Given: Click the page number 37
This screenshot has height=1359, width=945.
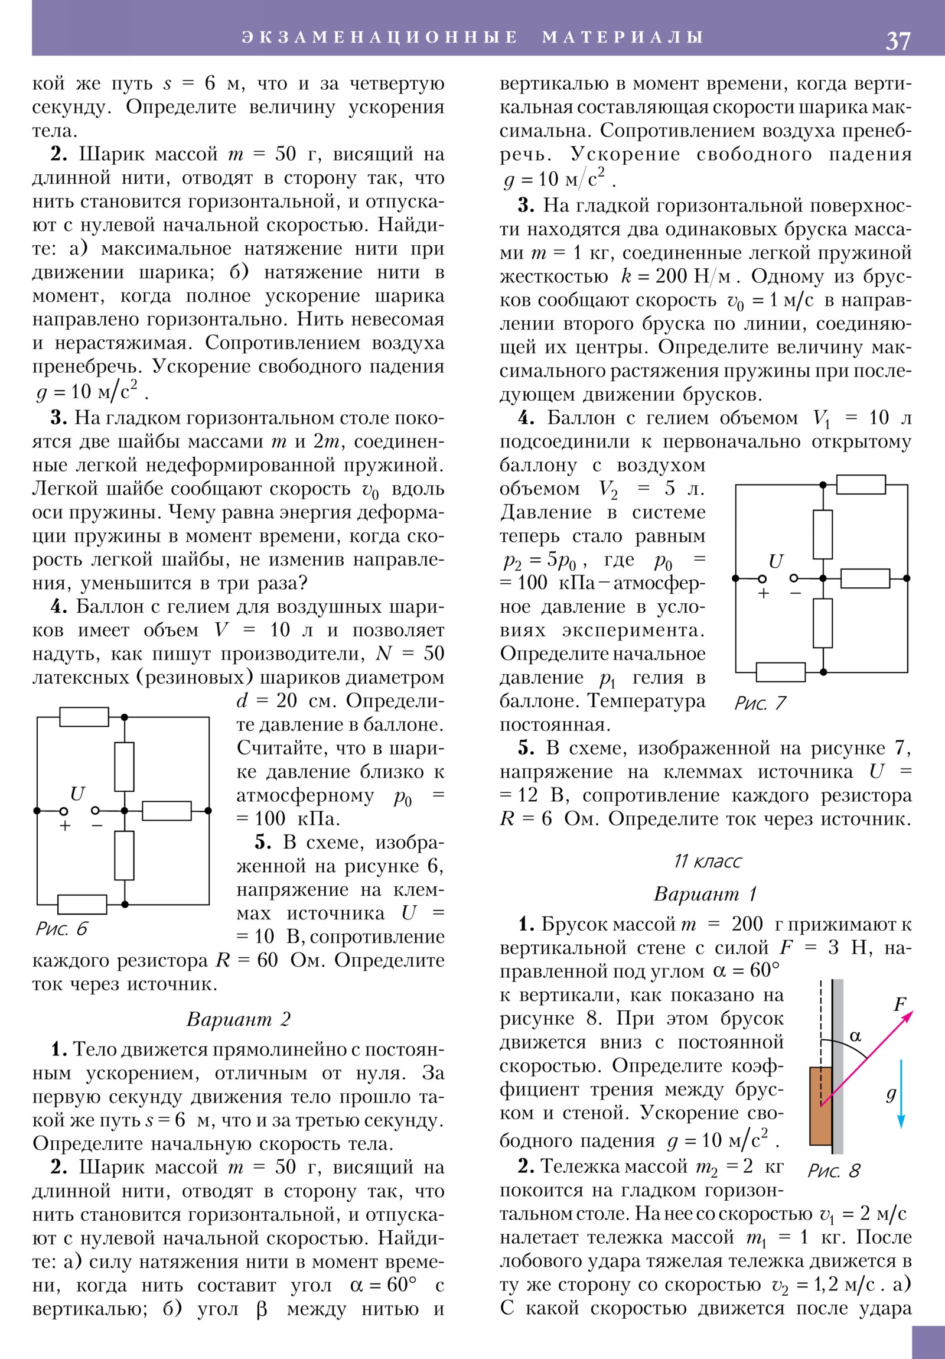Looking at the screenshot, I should [x=897, y=41].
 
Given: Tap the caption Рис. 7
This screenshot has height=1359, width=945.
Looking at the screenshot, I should [x=760, y=703].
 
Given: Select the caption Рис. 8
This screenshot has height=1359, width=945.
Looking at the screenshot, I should [x=833, y=1170].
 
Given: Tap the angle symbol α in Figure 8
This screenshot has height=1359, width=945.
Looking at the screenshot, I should [x=855, y=1036].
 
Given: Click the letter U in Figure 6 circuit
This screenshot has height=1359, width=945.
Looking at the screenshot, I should [x=77, y=793].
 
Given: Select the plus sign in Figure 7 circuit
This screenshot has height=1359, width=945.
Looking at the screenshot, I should [x=763, y=593].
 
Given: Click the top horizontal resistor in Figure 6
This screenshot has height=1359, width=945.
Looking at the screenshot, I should [x=84, y=717].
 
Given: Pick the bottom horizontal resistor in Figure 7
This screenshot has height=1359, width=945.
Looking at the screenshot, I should [x=780, y=672].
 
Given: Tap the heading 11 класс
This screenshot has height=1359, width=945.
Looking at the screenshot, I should [x=707, y=861].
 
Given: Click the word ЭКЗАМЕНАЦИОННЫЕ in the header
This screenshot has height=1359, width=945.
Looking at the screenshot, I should [x=379, y=37].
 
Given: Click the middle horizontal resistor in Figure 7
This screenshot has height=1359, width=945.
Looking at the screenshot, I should [x=865, y=578].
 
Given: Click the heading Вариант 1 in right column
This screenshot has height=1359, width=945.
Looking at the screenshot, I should [x=705, y=893].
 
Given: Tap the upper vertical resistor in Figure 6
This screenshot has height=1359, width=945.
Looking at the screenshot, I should [x=124, y=766].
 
